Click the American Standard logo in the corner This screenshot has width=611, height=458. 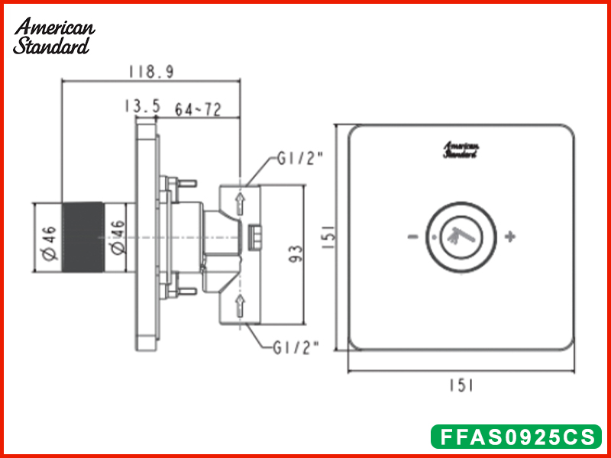tap(53, 36)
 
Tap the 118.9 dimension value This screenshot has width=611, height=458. tap(151, 72)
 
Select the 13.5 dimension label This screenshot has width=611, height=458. tap(142, 106)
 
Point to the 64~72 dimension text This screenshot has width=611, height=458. tap(198, 110)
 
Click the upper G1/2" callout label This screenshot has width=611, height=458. tap(300, 159)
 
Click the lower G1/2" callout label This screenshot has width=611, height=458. tap(296, 347)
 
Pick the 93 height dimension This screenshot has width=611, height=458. tap(296, 253)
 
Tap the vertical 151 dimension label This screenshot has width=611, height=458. tap(328, 237)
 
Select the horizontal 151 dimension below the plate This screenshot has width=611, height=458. tap(461, 385)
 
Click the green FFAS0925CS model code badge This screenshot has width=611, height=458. tap(516, 437)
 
